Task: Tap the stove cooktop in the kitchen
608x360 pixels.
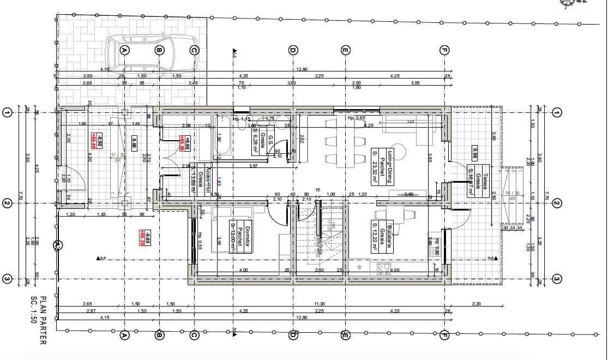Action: [x=384, y=268]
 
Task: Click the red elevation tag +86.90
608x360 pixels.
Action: [x=186, y=143]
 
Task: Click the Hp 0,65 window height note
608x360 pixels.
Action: [x=357, y=118]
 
